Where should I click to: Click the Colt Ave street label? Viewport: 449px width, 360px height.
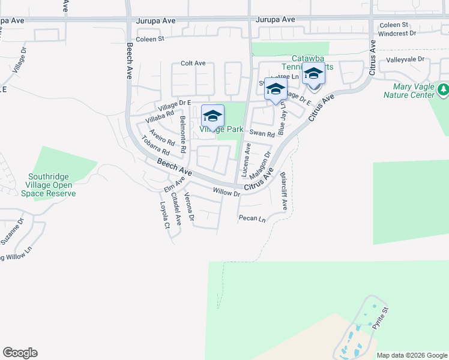pos(193,63)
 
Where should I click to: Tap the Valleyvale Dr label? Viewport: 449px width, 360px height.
pos(405,59)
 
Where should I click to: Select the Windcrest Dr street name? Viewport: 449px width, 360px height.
pos(397,34)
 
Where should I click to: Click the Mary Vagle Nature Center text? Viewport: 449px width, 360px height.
pos(409,91)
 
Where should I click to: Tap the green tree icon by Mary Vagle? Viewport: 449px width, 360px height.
pos(443,90)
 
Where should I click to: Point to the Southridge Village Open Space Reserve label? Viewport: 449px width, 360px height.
pos(48,185)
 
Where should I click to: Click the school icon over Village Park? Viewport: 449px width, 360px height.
pos(212,116)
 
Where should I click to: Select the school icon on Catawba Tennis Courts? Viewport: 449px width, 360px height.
pos(313,74)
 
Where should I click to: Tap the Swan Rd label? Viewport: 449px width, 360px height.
pos(262,134)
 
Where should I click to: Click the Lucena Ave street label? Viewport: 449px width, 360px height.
pos(246,159)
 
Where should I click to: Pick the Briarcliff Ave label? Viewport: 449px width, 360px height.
pos(284,191)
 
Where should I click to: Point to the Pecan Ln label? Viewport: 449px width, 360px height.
pos(252,218)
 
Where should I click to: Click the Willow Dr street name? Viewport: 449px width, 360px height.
pos(226,193)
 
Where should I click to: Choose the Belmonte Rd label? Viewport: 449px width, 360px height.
pos(182,134)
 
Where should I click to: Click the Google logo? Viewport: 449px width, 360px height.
pos(20,353)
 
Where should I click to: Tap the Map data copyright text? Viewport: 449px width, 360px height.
pos(412,355)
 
